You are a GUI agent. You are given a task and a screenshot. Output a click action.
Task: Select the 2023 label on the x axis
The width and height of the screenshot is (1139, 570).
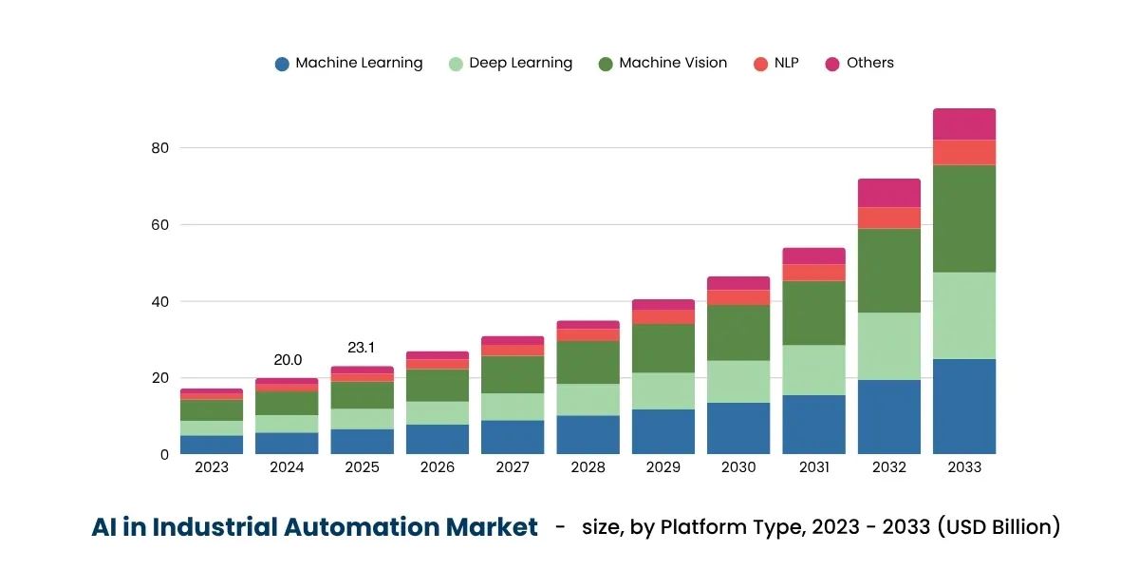coord(212,467)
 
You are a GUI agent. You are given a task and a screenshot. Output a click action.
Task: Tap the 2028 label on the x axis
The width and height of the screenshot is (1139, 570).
coord(588,467)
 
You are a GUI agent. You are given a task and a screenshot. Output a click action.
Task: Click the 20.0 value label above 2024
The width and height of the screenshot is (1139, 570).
coord(288,360)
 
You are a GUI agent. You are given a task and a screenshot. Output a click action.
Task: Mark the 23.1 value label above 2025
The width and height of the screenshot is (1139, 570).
coord(362,348)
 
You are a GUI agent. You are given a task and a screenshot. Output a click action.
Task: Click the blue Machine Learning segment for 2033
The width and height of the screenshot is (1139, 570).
coord(964,407)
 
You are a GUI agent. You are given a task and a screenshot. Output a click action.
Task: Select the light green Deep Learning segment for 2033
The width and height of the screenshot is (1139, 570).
coord(964,315)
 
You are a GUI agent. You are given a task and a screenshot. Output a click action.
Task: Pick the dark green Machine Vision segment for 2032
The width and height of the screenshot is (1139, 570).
coord(889,271)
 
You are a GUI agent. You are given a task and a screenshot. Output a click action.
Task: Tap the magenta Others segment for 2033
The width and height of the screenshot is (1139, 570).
coord(964,124)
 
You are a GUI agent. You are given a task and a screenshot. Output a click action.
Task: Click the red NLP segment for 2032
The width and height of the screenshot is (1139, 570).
coord(889,218)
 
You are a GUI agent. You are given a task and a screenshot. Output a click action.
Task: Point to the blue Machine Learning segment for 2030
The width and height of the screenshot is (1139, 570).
coord(738,428)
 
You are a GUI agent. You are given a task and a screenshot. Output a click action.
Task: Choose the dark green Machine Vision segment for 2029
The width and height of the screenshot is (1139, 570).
coord(663,348)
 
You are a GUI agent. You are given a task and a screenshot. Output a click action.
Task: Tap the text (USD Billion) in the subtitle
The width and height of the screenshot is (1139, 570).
coord(999,526)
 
